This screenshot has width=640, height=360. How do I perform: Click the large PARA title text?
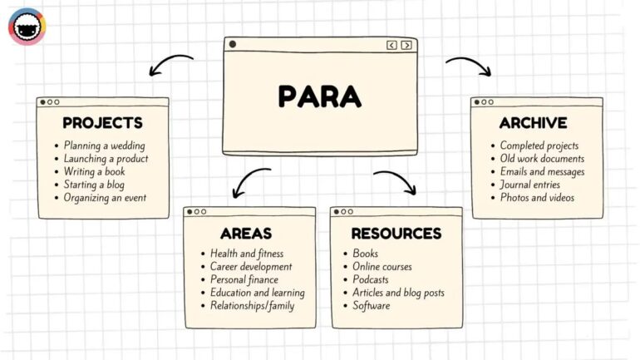[x=320, y=96]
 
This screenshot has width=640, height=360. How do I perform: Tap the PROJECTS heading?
[x=102, y=123]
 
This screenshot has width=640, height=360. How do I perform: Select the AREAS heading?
[x=246, y=233]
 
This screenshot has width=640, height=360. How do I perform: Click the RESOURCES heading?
[x=396, y=233]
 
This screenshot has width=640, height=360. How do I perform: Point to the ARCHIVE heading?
[x=533, y=123]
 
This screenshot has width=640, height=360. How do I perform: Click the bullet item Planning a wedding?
[x=104, y=145]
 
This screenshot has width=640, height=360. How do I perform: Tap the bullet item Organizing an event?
[x=105, y=198]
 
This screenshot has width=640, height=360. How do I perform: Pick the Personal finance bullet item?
[x=245, y=280]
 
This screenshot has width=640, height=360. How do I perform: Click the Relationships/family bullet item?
[x=252, y=306]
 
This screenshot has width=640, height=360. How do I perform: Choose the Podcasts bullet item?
[x=371, y=280]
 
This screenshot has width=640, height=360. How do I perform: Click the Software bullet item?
[x=371, y=306]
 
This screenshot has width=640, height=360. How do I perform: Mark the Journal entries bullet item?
[x=529, y=185]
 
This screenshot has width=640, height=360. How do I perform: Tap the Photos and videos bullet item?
[x=537, y=198]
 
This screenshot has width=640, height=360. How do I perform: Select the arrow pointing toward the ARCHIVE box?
[x=469, y=65]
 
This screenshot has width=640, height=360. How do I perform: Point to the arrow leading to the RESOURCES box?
[x=396, y=180]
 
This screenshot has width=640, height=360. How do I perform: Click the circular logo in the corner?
[x=27, y=27]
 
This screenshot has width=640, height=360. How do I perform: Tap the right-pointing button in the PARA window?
[x=406, y=45]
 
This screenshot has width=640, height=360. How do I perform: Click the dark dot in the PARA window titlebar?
[x=233, y=45]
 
